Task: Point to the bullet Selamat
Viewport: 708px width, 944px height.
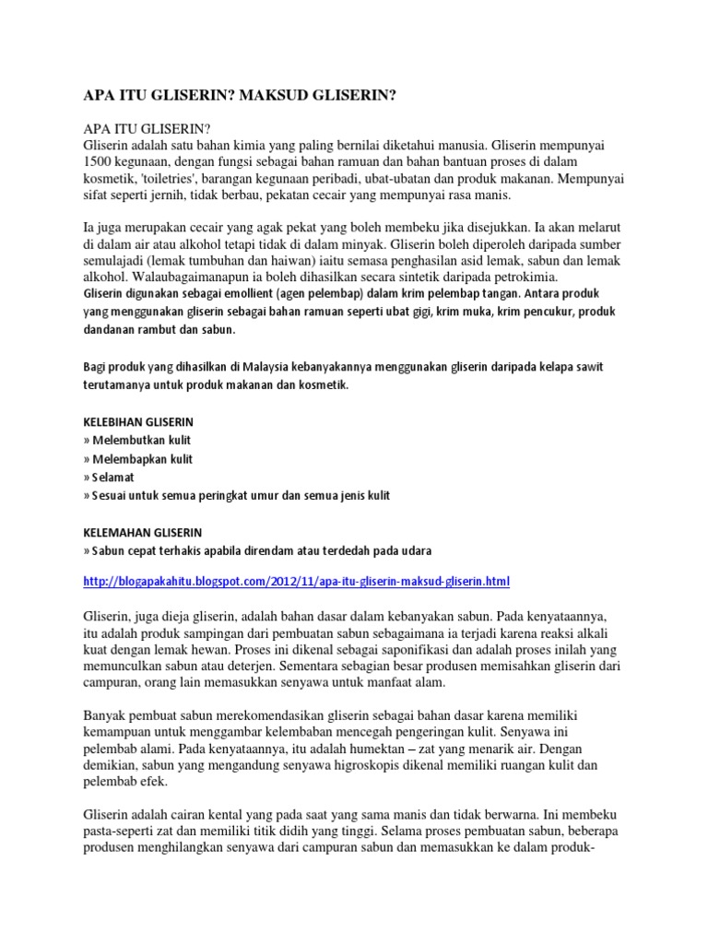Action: coord(112,478)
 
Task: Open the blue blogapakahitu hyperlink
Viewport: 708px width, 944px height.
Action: coord(295,582)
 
